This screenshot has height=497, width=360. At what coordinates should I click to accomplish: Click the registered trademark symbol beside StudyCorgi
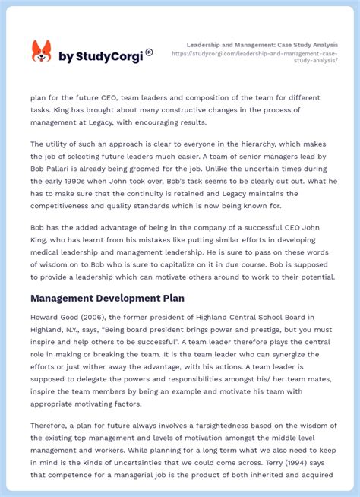click(149, 52)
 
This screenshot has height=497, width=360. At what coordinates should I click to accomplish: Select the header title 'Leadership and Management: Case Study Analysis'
click(262, 45)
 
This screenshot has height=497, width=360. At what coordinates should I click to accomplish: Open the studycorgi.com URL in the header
click(254, 57)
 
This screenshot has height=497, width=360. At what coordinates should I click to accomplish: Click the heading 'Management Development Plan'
click(107, 298)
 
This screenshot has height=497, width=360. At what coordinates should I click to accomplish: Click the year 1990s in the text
click(71, 181)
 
